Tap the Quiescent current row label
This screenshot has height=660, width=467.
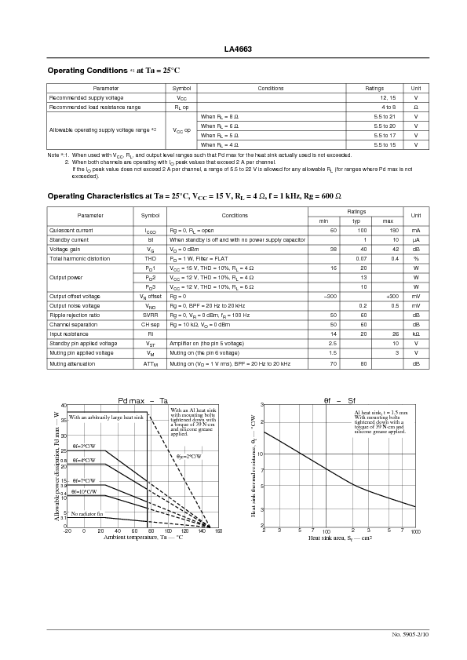click(x=71, y=230)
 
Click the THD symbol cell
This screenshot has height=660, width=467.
click(x=150, y=258)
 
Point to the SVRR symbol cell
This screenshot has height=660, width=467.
click(x=150, y=315)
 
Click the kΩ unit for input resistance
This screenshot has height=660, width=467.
click(x=416, y=334)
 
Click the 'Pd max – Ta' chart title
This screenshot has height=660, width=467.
click(x=143, y=400)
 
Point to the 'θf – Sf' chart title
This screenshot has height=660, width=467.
click(x=340, y=400)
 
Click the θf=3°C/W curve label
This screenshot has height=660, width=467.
click(x=84, y=446)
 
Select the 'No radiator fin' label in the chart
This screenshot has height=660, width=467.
click(x=87, y=513)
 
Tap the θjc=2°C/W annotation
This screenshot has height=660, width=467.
click(x=188, y=456)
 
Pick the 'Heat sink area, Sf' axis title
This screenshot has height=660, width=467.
click(x=340, y=538)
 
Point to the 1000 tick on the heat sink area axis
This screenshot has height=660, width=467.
click(x=415, y=531)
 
